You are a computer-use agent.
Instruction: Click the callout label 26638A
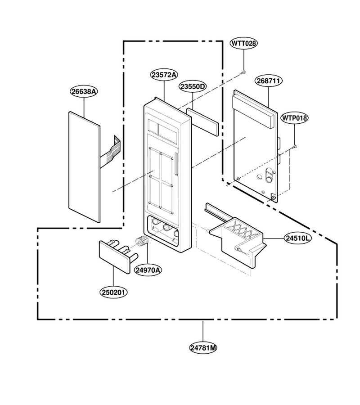84,91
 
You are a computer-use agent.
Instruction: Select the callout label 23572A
164,75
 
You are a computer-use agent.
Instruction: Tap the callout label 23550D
193,86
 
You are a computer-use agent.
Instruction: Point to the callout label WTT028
244,43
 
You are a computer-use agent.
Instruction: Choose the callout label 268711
269,81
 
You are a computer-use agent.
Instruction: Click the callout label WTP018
294,118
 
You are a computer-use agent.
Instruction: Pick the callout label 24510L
297,238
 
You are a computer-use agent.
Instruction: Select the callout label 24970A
148,270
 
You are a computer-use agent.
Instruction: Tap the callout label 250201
113,292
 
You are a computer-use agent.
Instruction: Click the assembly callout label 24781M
203,348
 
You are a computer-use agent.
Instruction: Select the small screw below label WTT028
243,72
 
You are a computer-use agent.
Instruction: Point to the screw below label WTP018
294,147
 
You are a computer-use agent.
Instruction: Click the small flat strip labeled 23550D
202,121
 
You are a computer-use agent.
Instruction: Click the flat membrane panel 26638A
85,167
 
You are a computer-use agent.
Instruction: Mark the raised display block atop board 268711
252,111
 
